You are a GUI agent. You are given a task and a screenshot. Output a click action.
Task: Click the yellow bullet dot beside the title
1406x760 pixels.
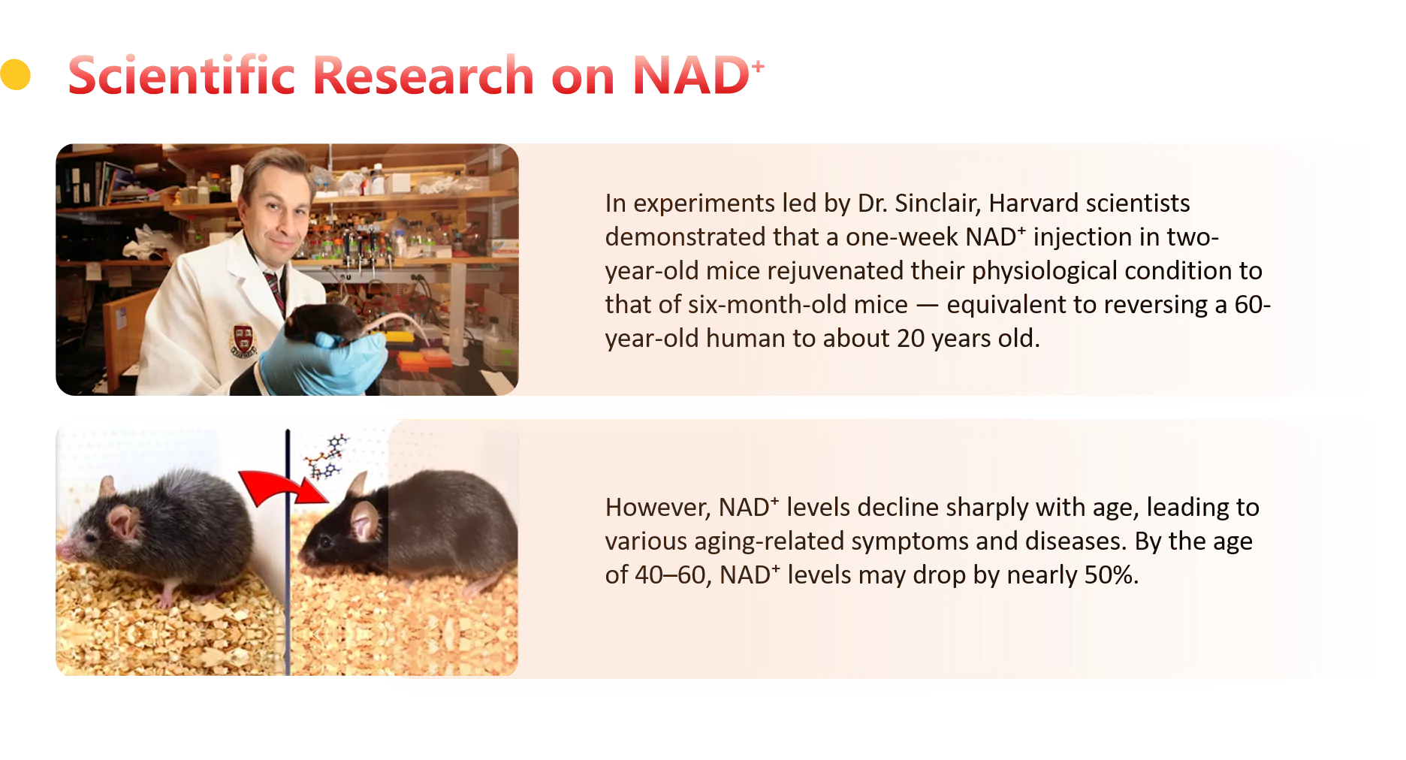pyautogui.click(x=15, y=74)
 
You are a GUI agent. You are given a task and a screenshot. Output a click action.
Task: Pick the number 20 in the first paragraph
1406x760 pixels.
pyautogui.click(x=910, y=338)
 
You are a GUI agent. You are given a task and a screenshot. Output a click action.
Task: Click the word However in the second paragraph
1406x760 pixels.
pyautogui.click(x=658, y=508)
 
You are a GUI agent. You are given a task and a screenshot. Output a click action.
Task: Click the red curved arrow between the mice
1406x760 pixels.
pyautogui.click(x=282, y=487)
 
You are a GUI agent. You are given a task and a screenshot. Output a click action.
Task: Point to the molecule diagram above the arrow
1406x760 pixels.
pyautogui.click(x=326, y=457)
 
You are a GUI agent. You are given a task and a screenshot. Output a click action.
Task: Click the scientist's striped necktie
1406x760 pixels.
pyautogui.click(x=274, y=289)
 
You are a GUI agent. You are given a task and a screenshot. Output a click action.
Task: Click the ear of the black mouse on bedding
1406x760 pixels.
pyautogui.click(x=365, y=519)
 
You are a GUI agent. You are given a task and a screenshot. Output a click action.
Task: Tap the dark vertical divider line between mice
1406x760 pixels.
pyautogui.click(x=287, y=552)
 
